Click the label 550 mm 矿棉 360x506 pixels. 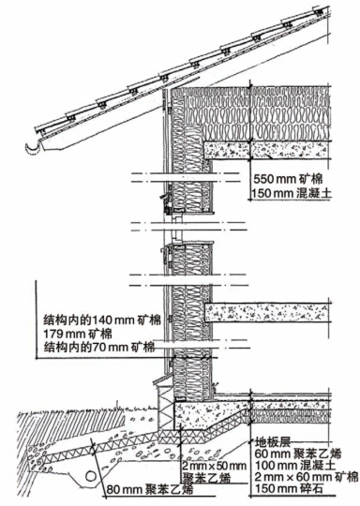[x=288, y=179]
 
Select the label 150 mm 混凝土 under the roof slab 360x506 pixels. [x=292, y=193]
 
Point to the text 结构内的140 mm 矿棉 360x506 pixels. [x=102, y=320]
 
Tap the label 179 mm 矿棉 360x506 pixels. [x=78, y=334]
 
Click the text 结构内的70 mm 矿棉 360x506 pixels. [x=99, y=348]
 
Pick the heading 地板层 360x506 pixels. [x=273, y=442]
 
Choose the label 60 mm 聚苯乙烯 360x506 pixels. [x=298, y=454]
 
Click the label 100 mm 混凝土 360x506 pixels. [x=295, y=466]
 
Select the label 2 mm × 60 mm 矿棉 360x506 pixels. [x=307, y=477]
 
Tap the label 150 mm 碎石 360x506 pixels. [x=289, y=488]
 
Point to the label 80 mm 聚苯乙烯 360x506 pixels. [x=150, y=489]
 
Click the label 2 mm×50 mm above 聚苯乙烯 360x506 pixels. [x=214, y=466]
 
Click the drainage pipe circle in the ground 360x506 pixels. [x=91, y=476]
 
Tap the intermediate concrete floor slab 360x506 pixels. [x=266, y=312]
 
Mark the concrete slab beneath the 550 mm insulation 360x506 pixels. [x=266, y=150]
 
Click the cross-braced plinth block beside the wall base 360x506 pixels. [x=166, y=408]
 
